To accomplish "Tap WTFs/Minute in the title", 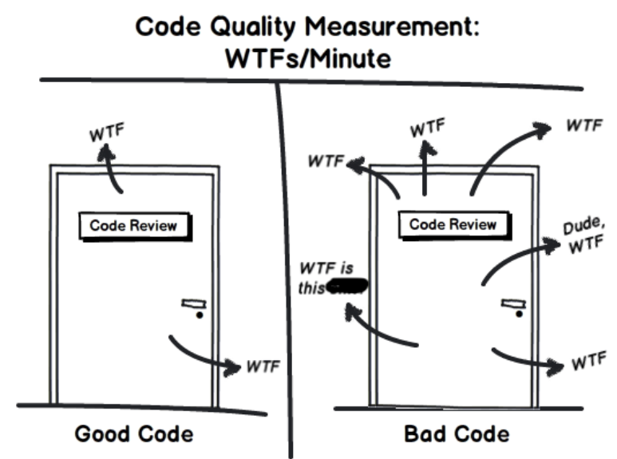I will click(309, 58).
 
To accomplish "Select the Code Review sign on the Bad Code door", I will click(453, 225).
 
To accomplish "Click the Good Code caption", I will click(133, 434).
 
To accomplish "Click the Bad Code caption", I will click(456, 434).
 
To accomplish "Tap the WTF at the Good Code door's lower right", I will click(263, 366).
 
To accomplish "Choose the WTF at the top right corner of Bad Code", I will click(583, 126).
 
